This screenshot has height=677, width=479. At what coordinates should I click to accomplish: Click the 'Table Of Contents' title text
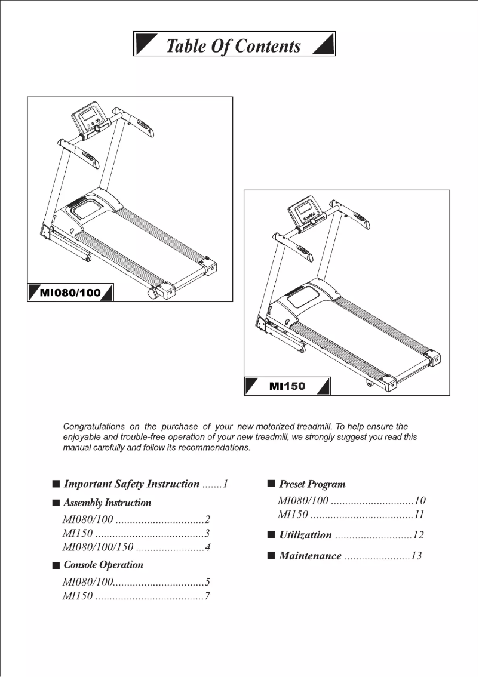tap(233, 45)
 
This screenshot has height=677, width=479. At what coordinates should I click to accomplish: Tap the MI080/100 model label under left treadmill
tap(70, 293)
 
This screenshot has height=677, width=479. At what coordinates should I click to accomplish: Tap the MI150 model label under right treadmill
tap(287, 386)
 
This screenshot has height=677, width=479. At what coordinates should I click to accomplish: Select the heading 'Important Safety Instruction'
tap(131, 484)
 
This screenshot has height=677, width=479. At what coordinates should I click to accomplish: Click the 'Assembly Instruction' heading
tap(108, 503)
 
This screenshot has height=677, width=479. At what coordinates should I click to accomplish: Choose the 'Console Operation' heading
tap(103, 565)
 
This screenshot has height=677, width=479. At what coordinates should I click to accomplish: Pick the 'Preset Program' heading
tap(312, 484)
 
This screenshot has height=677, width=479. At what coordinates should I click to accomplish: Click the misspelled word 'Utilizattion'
tap(305, 535)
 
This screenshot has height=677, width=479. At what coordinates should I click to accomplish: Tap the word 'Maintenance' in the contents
tap(311, 556)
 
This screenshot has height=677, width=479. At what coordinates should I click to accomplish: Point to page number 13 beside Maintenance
tap(416, 556)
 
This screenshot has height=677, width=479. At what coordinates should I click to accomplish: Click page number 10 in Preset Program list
tap(420, 501)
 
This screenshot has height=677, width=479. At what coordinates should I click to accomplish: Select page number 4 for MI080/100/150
tap(208, 547)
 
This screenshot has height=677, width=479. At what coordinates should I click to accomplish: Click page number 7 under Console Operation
tap(207, 596)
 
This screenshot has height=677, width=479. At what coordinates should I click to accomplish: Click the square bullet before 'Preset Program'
tap(271, 483)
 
